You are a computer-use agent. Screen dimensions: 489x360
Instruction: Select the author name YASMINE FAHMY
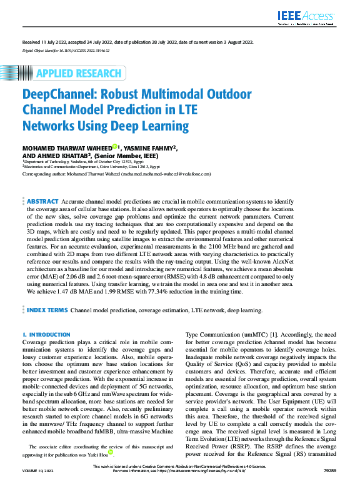click(149, 147)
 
